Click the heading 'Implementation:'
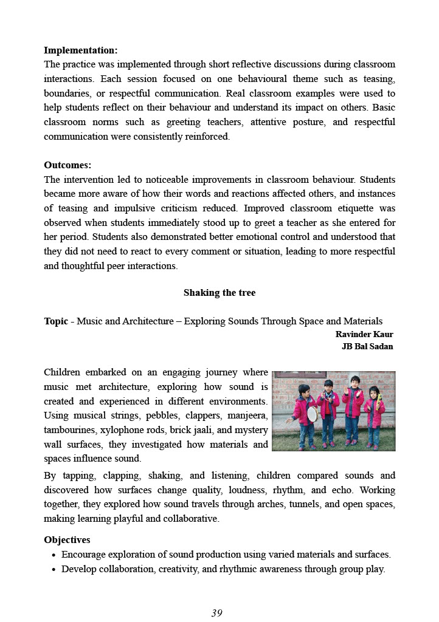tap(81, 50)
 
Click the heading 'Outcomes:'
tap(67, 165)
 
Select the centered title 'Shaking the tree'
tap(219, 293)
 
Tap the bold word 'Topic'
tap(56, 321)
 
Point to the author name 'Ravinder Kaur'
tap(364, 335)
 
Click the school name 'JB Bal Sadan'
tap(367, 347)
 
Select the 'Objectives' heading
tap(67, 540)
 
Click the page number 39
tap(217, 613)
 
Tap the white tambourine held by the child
tap(312, 414)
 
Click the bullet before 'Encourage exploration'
tap(55, 555)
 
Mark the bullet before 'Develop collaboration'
tap(55, 570)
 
